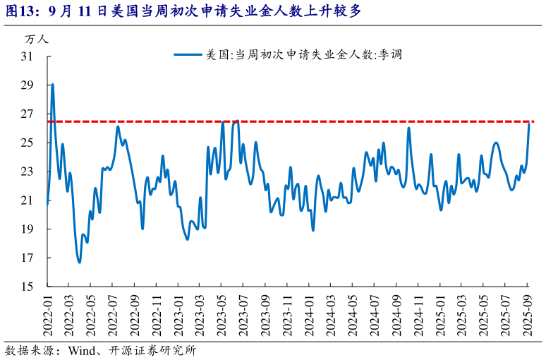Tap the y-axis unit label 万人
pyautogui.click(x=35, y=40)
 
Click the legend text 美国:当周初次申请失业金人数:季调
pyautogui.click(x=303, y=54)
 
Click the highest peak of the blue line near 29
pyautogui.click(x=52, y=85)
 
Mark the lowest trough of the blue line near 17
pyautogui.click(x=79, y=262)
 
